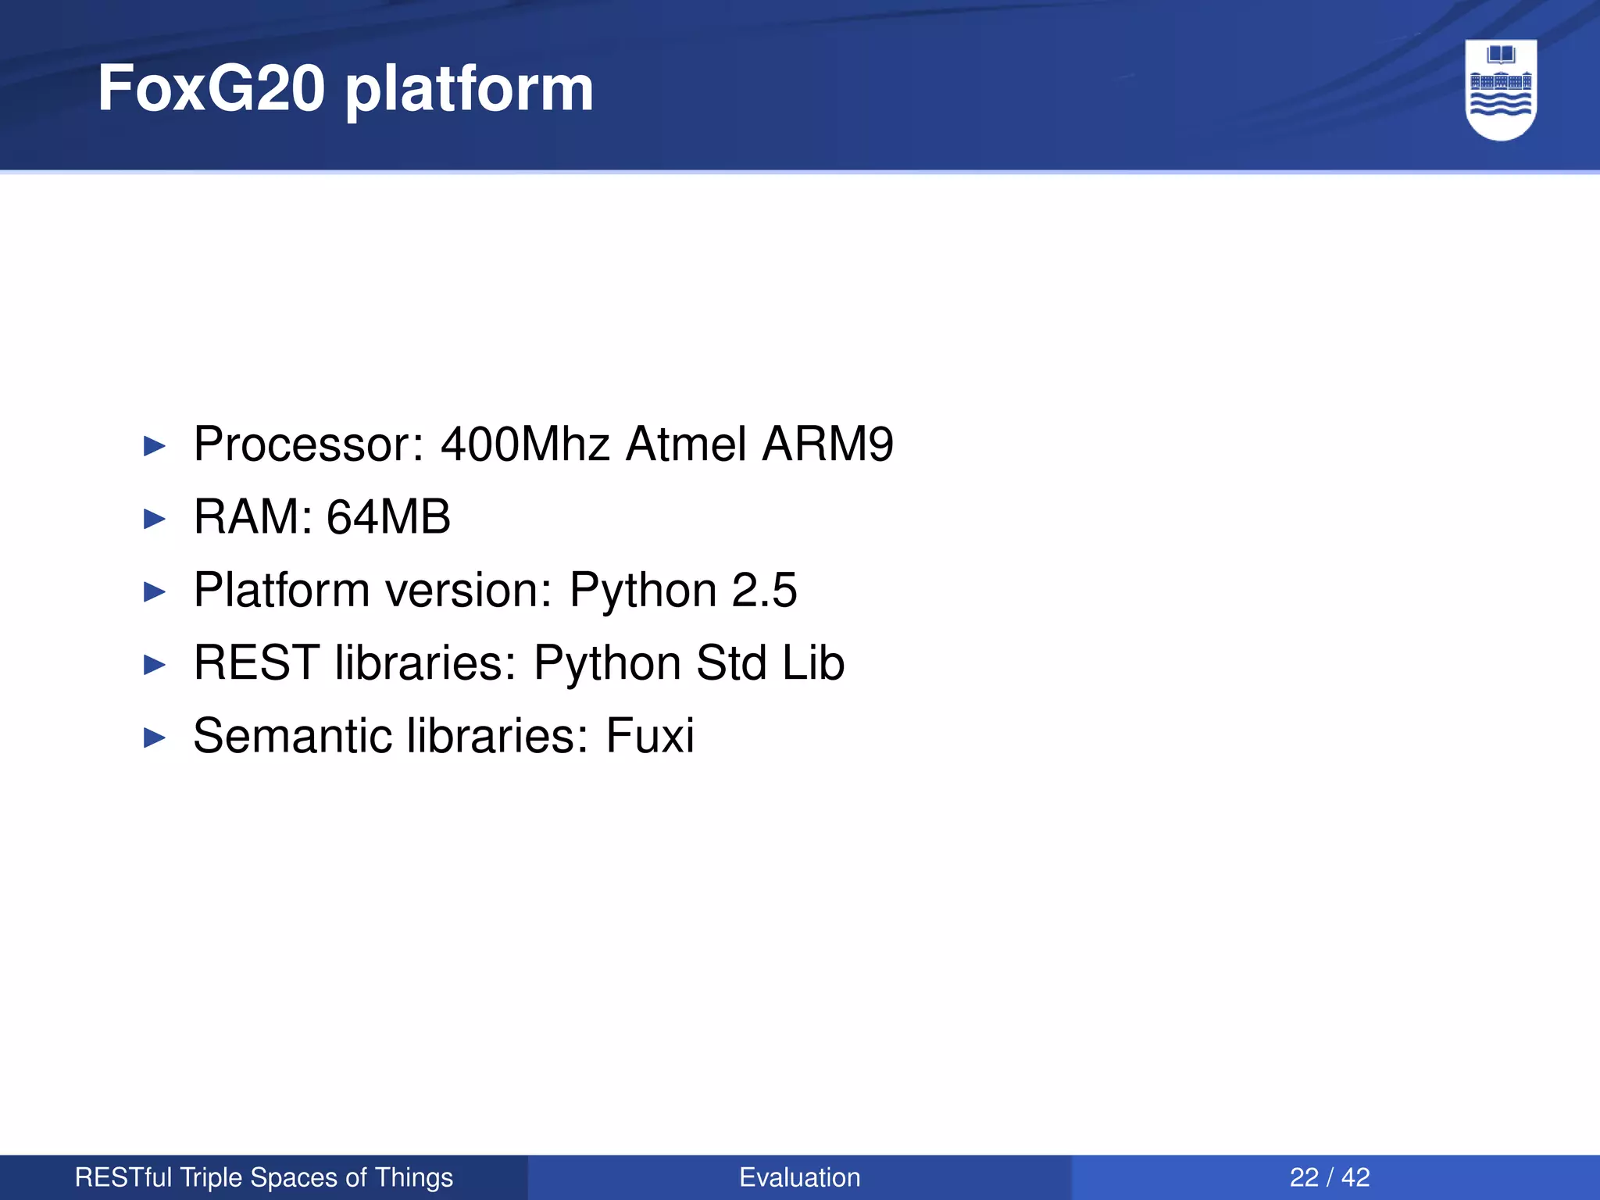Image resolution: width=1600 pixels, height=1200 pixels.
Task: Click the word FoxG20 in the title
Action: [x=211, y=88]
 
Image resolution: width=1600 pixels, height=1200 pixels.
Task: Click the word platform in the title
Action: [x=469, y=90]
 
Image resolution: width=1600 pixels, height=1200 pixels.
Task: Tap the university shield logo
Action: [x=1501, y=90]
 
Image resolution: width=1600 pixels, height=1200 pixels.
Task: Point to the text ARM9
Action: [x=827, y=444]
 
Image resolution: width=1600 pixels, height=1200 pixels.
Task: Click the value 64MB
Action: [x=388, y=516]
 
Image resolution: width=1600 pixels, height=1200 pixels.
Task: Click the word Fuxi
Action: [x=650, y=735]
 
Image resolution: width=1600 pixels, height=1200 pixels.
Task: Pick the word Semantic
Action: [x=291, y=735]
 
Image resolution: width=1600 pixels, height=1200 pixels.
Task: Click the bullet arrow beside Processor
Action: [x=155, y=447]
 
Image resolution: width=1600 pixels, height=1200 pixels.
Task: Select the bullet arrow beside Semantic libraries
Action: [x=155, y=737]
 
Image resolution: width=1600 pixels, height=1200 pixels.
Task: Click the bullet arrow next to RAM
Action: [x=155, y=519]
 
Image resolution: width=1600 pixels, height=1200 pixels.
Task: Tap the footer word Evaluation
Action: [x=799, y=1177]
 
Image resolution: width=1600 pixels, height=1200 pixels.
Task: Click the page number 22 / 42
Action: [x=1330, y=1177]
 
